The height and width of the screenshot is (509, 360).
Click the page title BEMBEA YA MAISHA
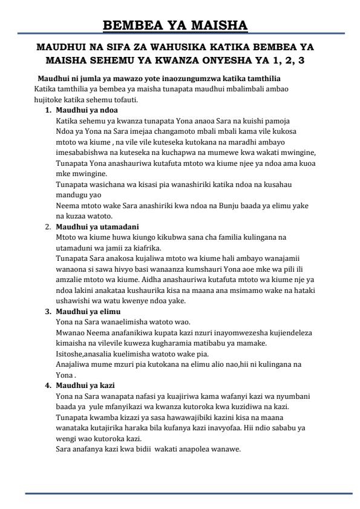[x=175, y=25]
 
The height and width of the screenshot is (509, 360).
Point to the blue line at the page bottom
[x=188, y=494]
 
